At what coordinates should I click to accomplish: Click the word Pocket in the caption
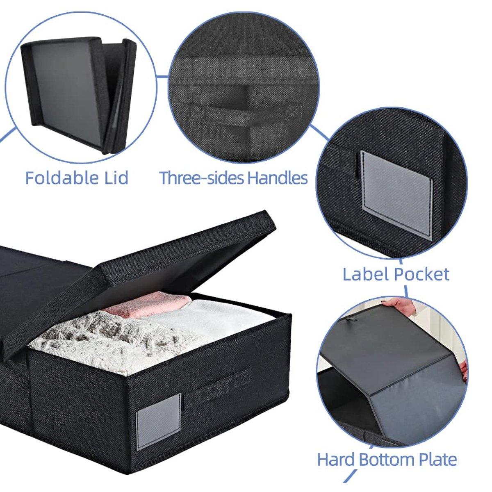421,274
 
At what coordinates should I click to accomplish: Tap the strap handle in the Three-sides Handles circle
246,112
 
